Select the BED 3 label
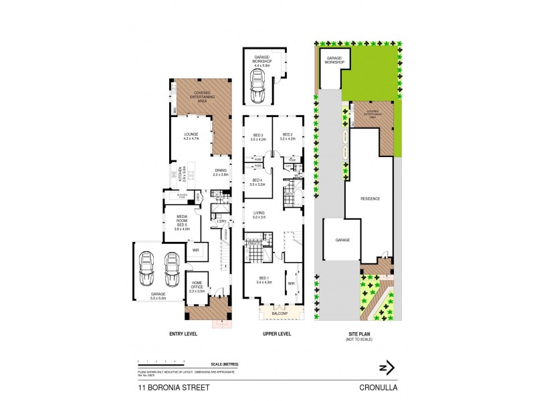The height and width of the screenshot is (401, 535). [257, 137]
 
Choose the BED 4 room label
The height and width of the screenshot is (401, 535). [257, 181]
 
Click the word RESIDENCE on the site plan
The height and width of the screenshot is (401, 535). [370, 198]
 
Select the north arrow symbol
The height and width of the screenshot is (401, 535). [387, 367]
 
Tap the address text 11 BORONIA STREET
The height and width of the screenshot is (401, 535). [163, 386]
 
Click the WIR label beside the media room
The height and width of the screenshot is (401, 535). [195, 251]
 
